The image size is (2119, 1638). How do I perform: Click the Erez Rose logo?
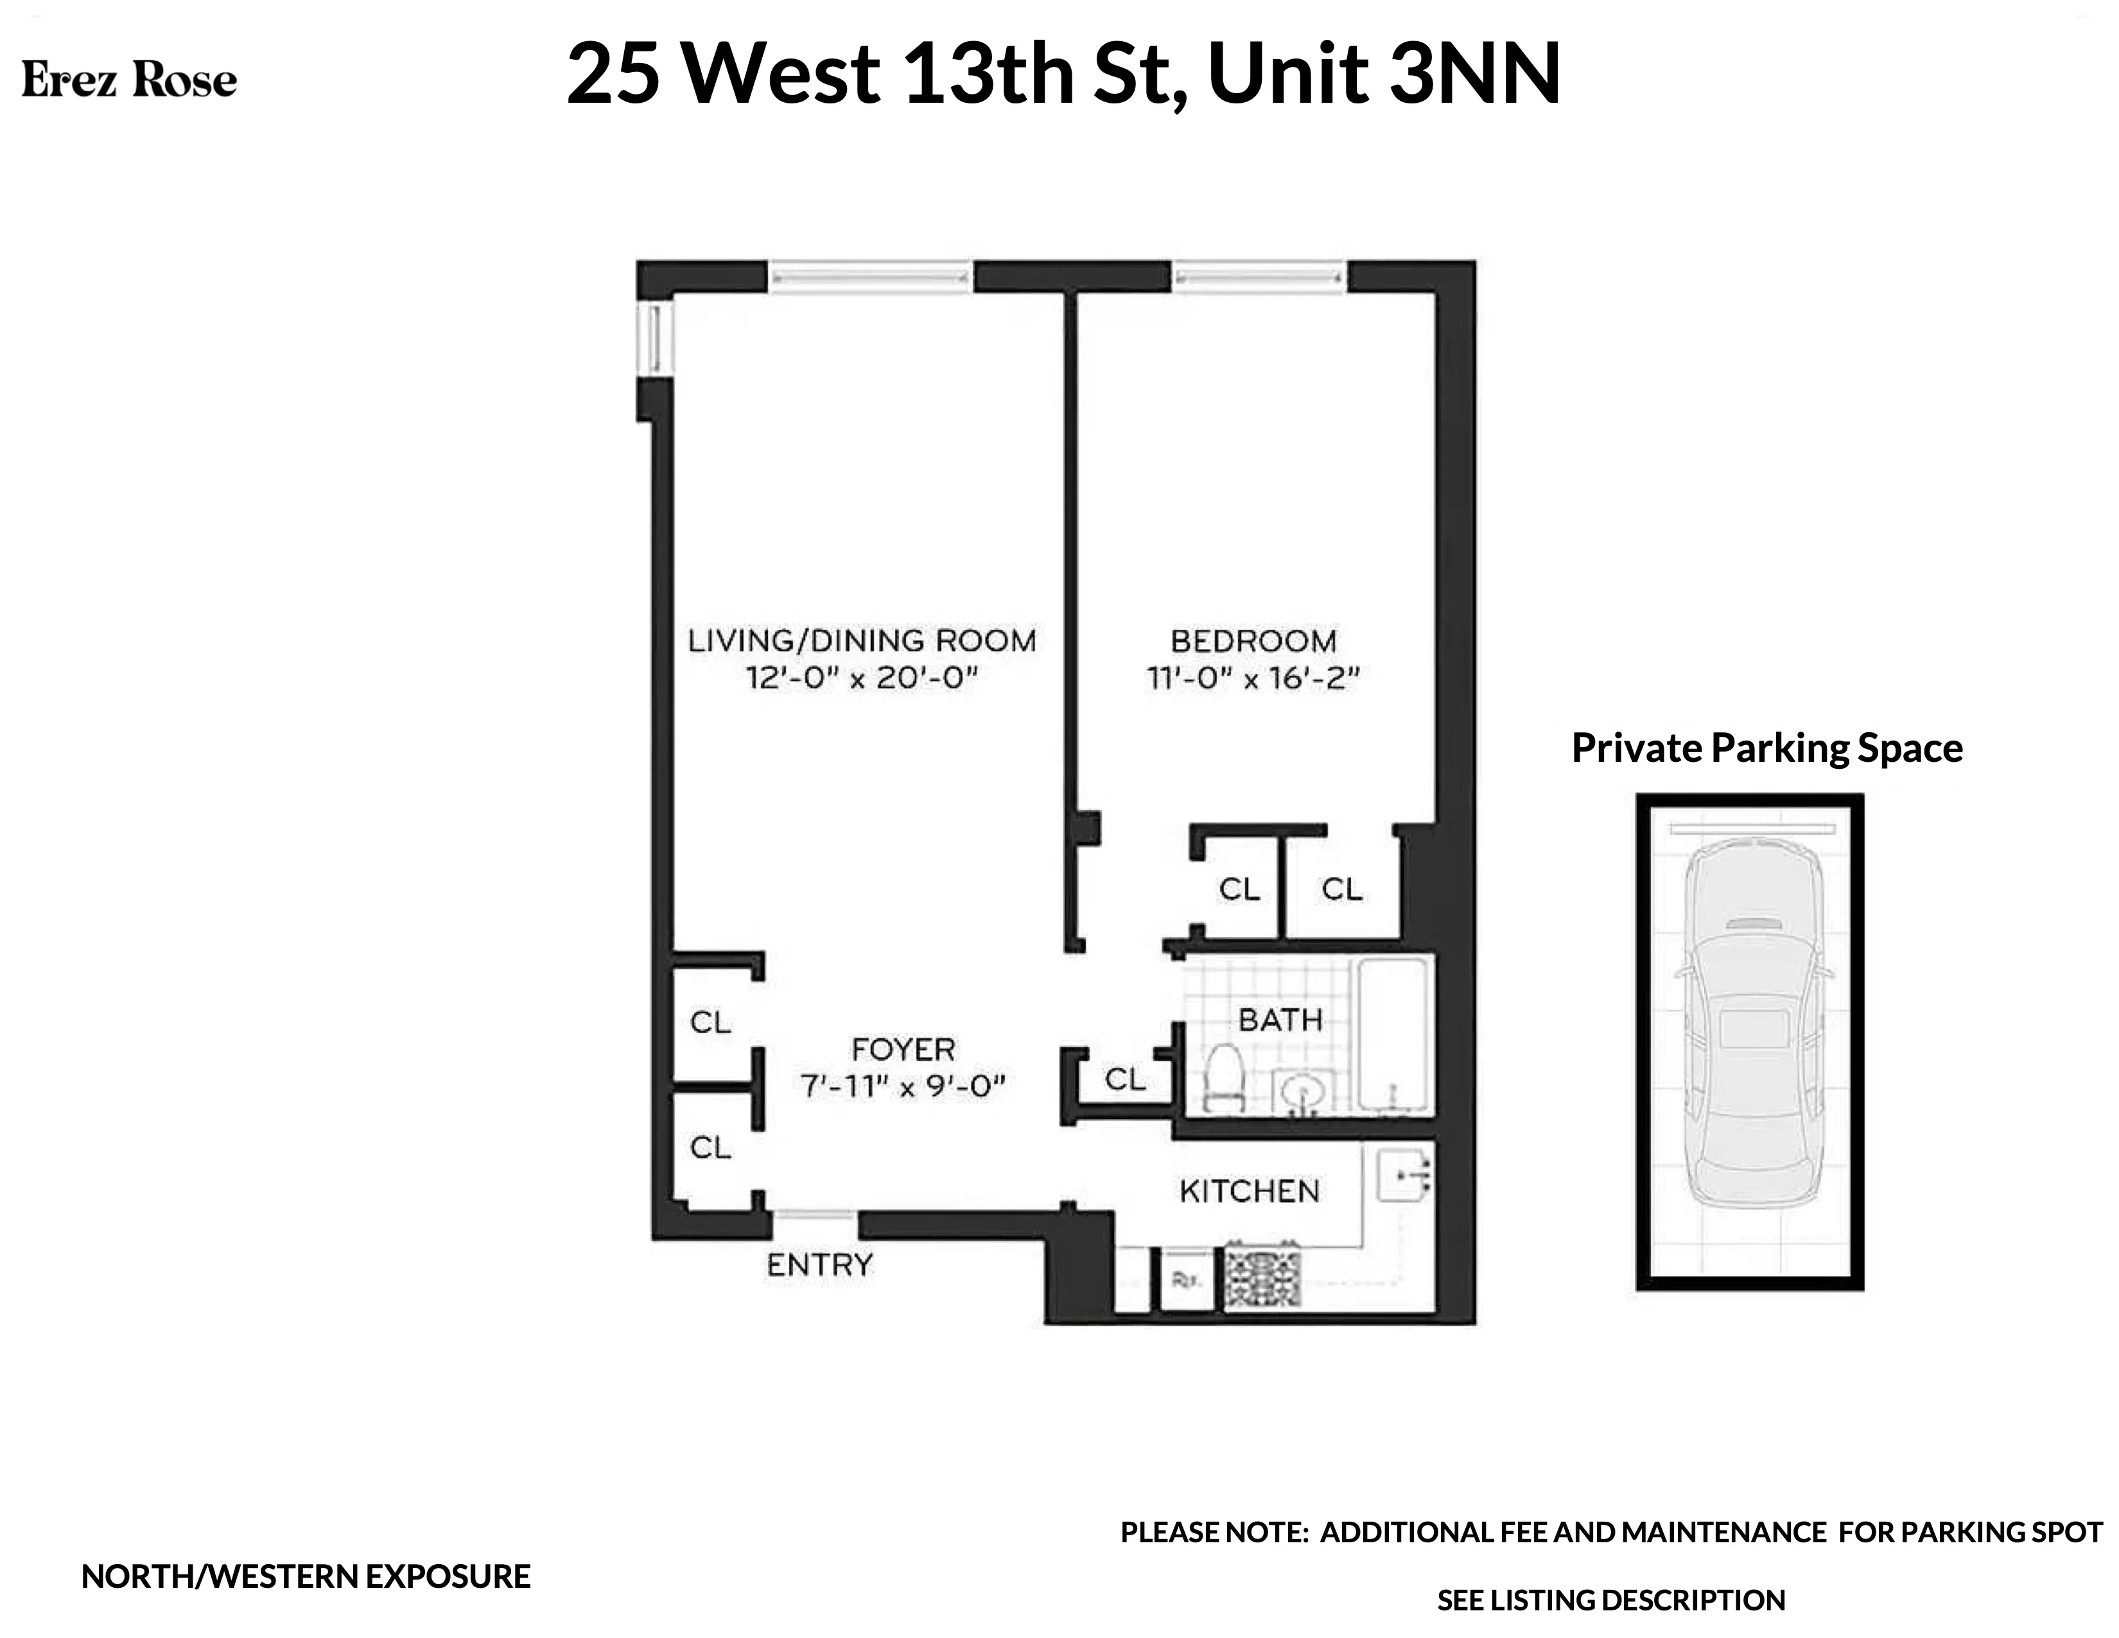click(x=129, y=80)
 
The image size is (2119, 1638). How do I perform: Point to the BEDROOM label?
click(x=1253, y=640)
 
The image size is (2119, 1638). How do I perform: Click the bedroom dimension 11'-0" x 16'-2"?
click(x=1253, y=677)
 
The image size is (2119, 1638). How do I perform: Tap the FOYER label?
click(x=902, y=1049)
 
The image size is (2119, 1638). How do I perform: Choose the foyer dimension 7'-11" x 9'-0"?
click(x=902, y=1086)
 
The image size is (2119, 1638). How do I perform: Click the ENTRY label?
click(x=820, y=1264)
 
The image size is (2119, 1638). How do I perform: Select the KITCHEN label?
click(x=1249, y=1191)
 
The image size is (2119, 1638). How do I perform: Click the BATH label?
click(x=1280, y=1020)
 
